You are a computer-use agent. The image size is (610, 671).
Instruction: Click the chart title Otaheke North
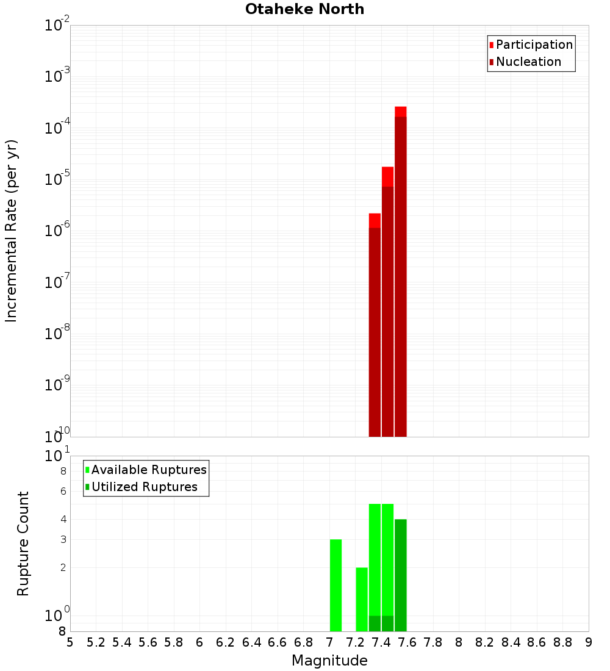(x=304, y=9)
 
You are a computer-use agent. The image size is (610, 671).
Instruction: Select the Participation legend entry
(x=534, y=45)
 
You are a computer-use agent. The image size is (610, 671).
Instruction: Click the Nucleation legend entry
(x=528, y=62)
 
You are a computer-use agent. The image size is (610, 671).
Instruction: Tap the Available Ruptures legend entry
(x=148, y=470)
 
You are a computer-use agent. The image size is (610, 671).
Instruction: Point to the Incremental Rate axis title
(x=12, y=231)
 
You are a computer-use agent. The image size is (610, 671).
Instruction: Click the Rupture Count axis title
(x=23, y=544)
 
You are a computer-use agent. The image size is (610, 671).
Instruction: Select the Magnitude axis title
(x=329, y=661)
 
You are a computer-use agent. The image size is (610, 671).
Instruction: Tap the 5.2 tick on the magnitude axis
(x=96, y=642)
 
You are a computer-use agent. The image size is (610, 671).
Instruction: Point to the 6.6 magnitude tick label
(x=278, y=642)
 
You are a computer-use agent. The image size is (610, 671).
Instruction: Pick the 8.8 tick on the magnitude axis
(x=562, y=642)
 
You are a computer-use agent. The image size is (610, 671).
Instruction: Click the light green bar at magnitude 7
(x=335, y=586)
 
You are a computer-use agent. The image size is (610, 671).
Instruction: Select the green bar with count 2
(x=362, y=599)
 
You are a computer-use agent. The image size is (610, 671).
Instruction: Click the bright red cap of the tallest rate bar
(x=401, y=112)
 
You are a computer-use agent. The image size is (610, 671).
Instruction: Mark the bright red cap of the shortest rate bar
(x=375, y=220)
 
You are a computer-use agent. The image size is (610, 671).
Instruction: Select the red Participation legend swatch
(x=492, y=45)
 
